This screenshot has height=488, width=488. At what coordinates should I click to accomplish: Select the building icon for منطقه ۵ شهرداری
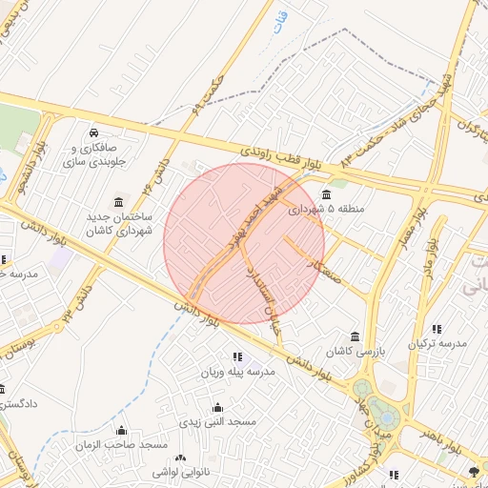(327, 195)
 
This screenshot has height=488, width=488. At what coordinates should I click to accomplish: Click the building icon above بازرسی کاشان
(355, 336)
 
